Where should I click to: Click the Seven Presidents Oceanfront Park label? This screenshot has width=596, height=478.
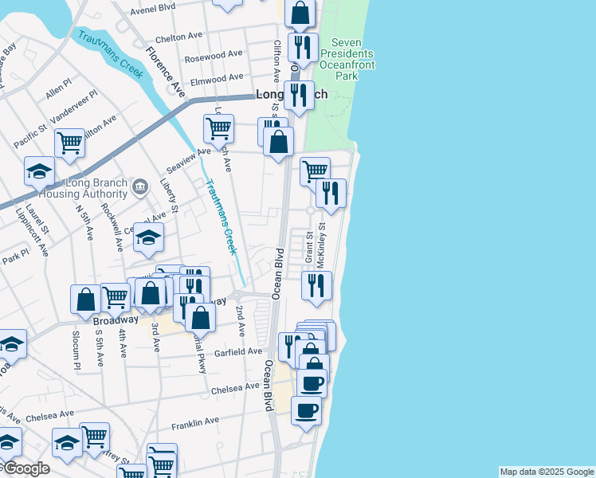pyautogui.click(x=347, y=59)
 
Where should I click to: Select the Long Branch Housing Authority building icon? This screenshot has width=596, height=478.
pyautogui.click(x=140, y=187)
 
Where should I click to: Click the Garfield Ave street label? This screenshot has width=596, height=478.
pyautogui.click(x=237, y=351)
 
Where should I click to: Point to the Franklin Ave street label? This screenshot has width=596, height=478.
pyautogui.click(x=194, y=425)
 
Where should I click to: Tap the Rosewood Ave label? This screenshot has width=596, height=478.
pyautogui.click(x=213, y=57)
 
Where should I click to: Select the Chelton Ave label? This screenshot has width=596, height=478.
pyautogui.click(x=179, y=37)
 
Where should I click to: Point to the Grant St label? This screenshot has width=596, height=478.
pyautogui.click(x=308, y=247)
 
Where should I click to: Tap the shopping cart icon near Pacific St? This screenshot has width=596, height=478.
pyautogui.click(x=69, y=143)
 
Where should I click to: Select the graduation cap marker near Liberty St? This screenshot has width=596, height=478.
pyautogui.click(x=148, y=237)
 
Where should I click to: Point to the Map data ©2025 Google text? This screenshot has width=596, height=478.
pyautogui.click(x=547, y=472)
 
